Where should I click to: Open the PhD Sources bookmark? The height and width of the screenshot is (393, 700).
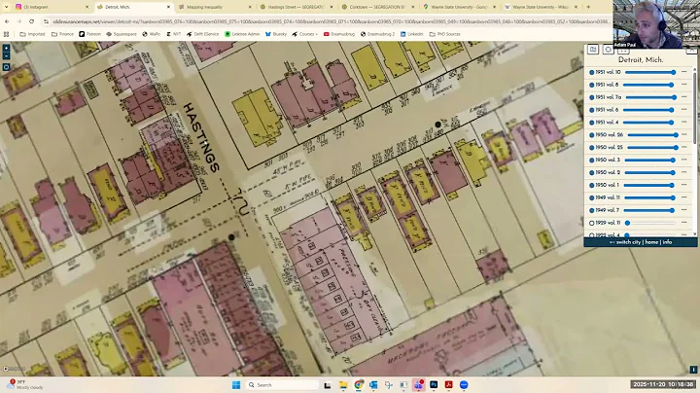point(449,34)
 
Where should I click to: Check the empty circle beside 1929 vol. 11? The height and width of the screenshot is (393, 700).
point(591,223)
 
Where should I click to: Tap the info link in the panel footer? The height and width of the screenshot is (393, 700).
point(667,242)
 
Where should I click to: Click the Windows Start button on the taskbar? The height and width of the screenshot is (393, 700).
point(235,384)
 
